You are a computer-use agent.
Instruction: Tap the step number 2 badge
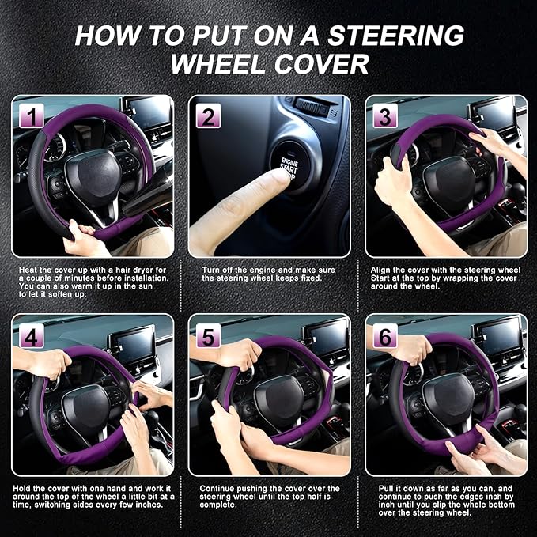(x=207, y=117)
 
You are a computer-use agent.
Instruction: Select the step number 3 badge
(x=384, y=117)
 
